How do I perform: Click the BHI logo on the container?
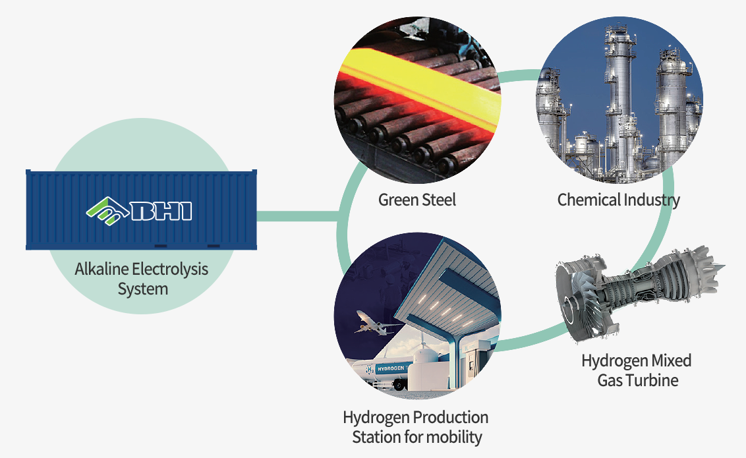pyautogui.click(x=139, y=211)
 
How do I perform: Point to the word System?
pyautogui.click(x=142, y=289)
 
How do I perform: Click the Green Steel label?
pyautogui.click(x=416, y=199)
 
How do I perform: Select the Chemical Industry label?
pyautogui.click(x=618, y=199)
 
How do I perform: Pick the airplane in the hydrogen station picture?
pyautogui.click(x=373, y=324)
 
